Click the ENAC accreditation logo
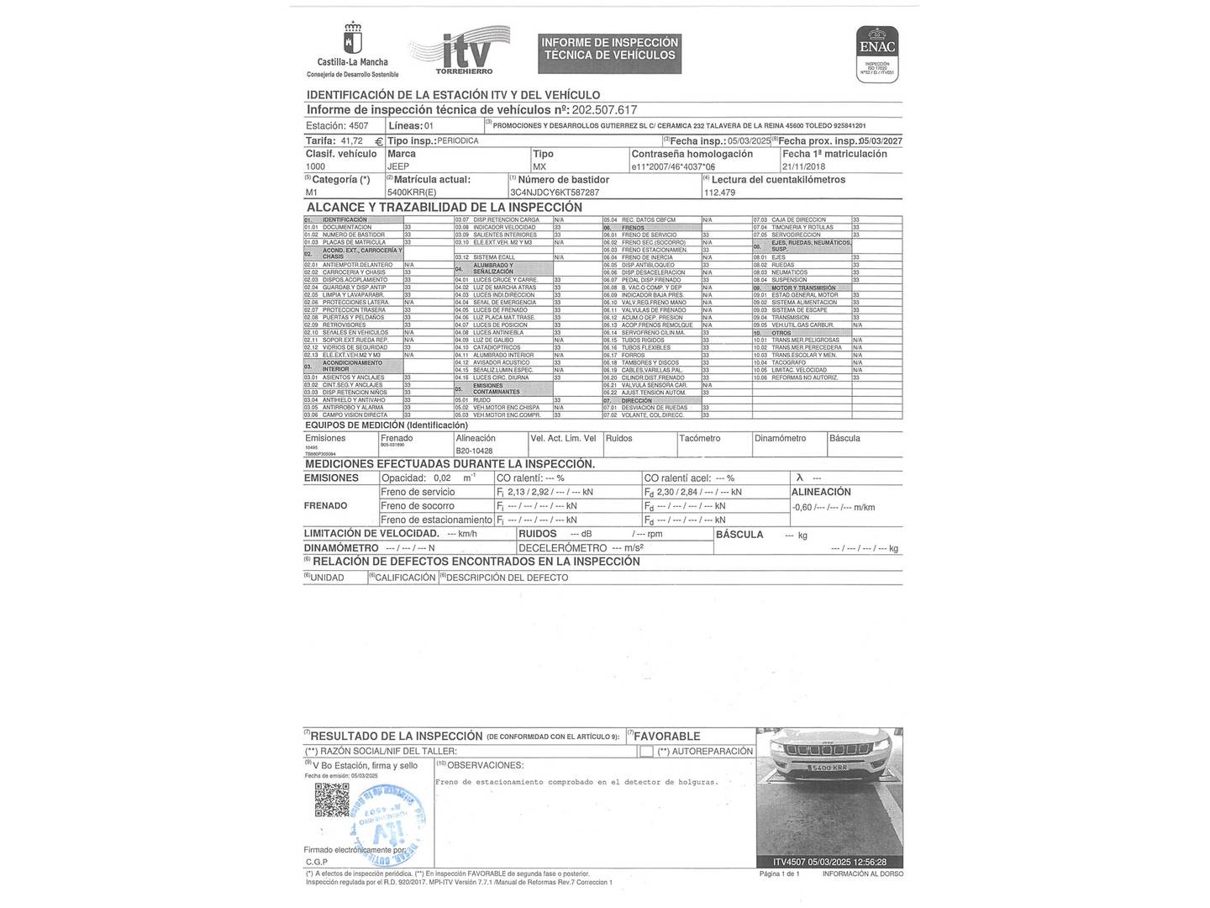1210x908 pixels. [x=877, y=54]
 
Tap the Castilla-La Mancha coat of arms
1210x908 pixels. [x=352, y=40]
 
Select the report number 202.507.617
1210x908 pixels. [x=605, y=110]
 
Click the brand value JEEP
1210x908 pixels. [x=398, y=166]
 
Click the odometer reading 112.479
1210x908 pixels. [x=719, y=193]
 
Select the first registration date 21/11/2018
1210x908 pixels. [x=804, y=166]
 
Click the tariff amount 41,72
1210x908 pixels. [x=351, y=141]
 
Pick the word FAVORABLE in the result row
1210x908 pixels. [x=667, y=736]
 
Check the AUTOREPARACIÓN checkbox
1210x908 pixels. [x=646, y=752]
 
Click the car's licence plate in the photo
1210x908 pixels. [x=829, y=768]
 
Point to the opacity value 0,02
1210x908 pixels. [x=443, y=478]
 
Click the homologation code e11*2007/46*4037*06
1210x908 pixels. [x=679, y=166]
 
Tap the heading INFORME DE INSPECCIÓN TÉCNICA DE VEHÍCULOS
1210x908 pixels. [x=609, y=49]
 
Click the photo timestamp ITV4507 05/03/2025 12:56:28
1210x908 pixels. [x=829, y=862]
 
